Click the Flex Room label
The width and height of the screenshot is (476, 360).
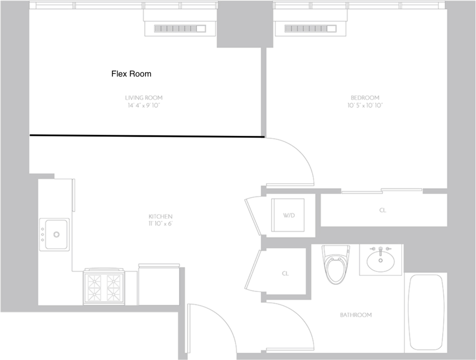click(x=131, y=74)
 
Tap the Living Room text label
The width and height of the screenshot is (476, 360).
click(x=144, y=98)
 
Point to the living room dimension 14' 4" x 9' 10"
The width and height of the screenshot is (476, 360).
click(x=144, y=106)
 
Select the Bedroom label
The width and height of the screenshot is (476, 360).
click(x=365, y=98)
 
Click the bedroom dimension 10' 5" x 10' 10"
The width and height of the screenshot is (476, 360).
click(x=365, y=106)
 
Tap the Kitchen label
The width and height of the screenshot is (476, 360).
click(x=160, y=217)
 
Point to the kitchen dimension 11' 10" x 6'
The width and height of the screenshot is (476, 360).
click(x=160, y=224)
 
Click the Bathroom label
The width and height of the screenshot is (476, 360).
click(x=356, y=315)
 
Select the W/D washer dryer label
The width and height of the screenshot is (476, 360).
click(x=289, y=215)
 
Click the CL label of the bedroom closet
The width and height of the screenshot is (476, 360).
click(x=383, y=210)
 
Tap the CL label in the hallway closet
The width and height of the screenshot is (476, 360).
click(x=285, y=274)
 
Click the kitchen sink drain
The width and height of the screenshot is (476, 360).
click(x=56, y=234)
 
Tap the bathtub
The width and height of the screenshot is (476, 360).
click(x=426, y=313)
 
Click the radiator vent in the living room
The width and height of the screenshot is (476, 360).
click(x=180, y=28)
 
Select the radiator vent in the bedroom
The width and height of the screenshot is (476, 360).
click(x=310, y=28)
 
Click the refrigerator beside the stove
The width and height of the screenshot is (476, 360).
click(x=159, y=285)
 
